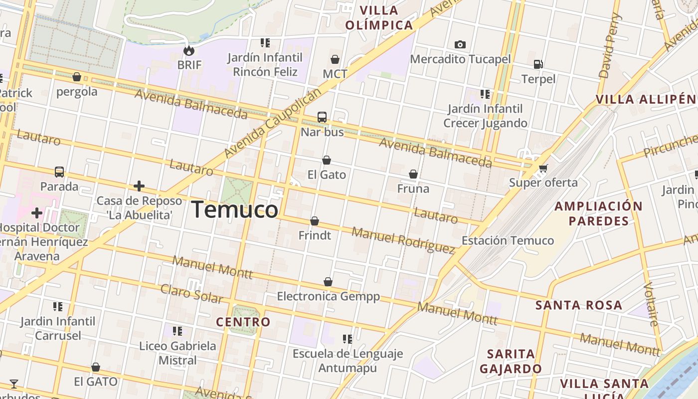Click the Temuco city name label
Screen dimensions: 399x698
(x=234, y=209)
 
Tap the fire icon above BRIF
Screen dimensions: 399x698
(x=189, y=50)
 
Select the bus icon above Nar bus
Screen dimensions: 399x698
(x=322, y=117)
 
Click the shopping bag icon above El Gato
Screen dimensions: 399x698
(x=327, y=160)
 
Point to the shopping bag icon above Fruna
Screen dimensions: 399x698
(x=413, y=174)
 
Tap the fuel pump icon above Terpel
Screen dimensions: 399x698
(x=538, y=64)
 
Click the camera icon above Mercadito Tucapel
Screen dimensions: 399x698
(x=460, y=45)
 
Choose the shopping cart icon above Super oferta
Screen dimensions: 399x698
(x=543, y=168)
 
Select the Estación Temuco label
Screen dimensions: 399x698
(x=508, y=240)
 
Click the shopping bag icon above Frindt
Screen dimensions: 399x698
(x=315, y=221)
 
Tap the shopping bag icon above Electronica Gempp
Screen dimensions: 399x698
(x=328, y=282)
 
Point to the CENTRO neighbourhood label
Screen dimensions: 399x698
(x=243, y=322)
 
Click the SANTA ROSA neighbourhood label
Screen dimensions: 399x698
(x=579, y=305)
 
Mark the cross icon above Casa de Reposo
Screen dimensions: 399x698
(x=139, y=187)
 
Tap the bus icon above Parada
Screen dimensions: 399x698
(x=59, y=172)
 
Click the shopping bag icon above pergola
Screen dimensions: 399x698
(x=77, y=77)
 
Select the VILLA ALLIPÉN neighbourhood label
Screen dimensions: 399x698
(x=646, y=99)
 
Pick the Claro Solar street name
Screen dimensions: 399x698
(x=191, y=294)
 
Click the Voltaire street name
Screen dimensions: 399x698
(x=651, y=304)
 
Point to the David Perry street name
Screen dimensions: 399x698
(x=610, y=46)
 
